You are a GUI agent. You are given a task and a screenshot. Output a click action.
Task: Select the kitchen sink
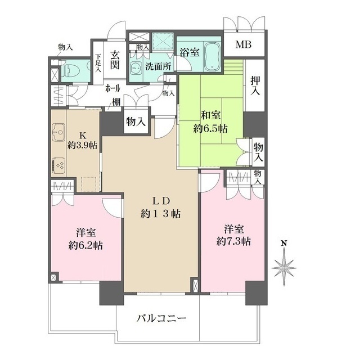click(x=58, y=136)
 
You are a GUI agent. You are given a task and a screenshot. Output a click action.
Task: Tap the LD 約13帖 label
click(x=160, y=208)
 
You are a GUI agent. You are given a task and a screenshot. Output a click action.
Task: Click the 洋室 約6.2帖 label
click(x=86, y=238)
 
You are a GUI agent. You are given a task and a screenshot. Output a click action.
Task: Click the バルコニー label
click(x=160, y=319)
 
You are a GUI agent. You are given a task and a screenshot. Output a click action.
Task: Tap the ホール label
click(x=115, y=88)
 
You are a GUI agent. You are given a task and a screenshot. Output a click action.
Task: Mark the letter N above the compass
click(x=285, y=243)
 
